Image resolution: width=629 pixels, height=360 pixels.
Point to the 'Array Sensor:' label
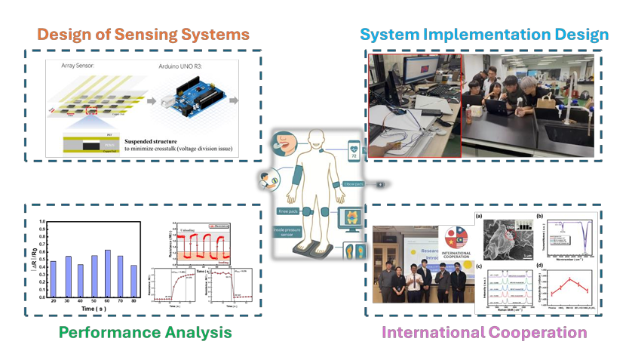point(82,67)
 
